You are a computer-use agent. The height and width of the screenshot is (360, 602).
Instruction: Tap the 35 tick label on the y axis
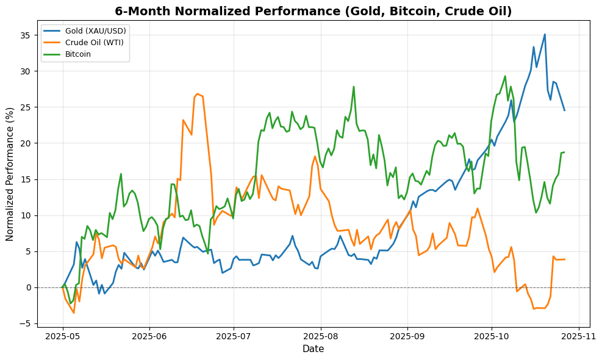click(25, 35)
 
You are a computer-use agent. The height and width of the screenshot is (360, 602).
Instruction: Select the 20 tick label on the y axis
click(25, 143)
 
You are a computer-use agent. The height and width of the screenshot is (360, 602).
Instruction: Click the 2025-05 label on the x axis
click(63, 336)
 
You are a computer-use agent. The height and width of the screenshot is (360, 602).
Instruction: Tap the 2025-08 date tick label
click(320, 336)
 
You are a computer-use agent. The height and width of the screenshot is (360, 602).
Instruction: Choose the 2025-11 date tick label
click(578, 336)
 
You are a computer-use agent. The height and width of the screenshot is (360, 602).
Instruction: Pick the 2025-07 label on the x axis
click(234, 336)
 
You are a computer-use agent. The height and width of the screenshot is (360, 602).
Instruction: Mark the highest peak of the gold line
click(545, 34)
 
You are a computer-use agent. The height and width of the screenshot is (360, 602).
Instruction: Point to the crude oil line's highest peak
click(197, 93)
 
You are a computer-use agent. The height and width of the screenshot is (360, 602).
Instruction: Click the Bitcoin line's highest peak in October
click(505, 76)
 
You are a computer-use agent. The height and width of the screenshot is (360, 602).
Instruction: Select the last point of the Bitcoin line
click(564, 152)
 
